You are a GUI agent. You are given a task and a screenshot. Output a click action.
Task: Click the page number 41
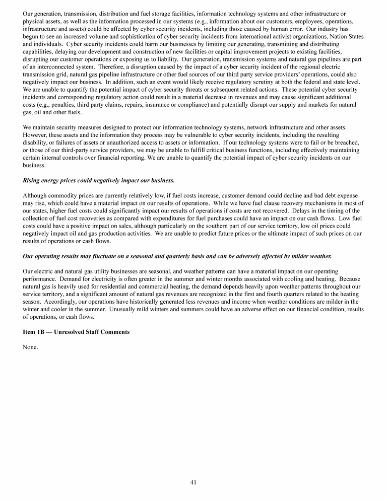pyautogui.click(x=193, y=482)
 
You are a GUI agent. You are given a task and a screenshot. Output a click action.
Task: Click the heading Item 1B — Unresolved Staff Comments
pyautogui.click(x=76, y=332)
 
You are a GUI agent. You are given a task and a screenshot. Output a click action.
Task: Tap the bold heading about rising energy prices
pyautogui.click(x=99, y=180)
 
